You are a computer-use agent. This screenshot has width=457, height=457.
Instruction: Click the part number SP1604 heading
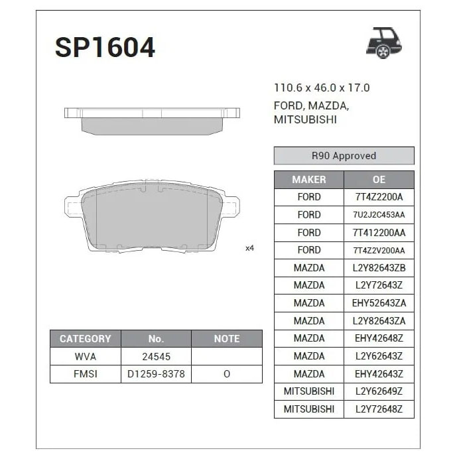click(105, 48)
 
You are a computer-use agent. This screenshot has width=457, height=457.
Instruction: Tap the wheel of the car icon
click(383, 52)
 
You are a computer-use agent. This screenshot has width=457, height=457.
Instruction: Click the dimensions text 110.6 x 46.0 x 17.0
click(322, 88)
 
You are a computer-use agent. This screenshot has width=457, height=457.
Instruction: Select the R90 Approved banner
click(344, 156)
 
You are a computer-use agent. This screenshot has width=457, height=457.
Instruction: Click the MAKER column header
click(309, 180)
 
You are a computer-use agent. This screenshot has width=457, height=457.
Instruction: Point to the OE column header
click(379, 180)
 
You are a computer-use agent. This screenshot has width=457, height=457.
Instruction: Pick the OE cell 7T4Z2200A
click(379, 197)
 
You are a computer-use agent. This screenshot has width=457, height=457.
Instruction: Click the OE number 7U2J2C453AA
click(379, 215)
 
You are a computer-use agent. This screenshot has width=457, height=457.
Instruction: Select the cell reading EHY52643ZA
click(379, 303)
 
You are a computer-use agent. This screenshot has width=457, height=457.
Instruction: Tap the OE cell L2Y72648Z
click(379, 409)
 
